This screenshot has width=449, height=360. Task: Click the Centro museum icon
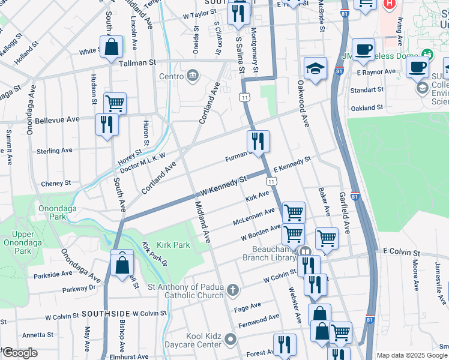coord(192,76)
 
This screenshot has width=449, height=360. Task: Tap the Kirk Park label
coord(173,245)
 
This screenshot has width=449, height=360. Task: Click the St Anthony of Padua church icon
coord(234,291)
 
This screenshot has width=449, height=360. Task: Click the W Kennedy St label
coord(224,185)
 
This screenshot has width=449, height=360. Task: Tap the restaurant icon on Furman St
coord(259,142)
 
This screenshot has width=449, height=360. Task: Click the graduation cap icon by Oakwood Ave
coord(315,69)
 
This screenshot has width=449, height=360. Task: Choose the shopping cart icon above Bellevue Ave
coord(115,103)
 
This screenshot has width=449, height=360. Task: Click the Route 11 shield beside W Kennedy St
coord(272,181)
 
